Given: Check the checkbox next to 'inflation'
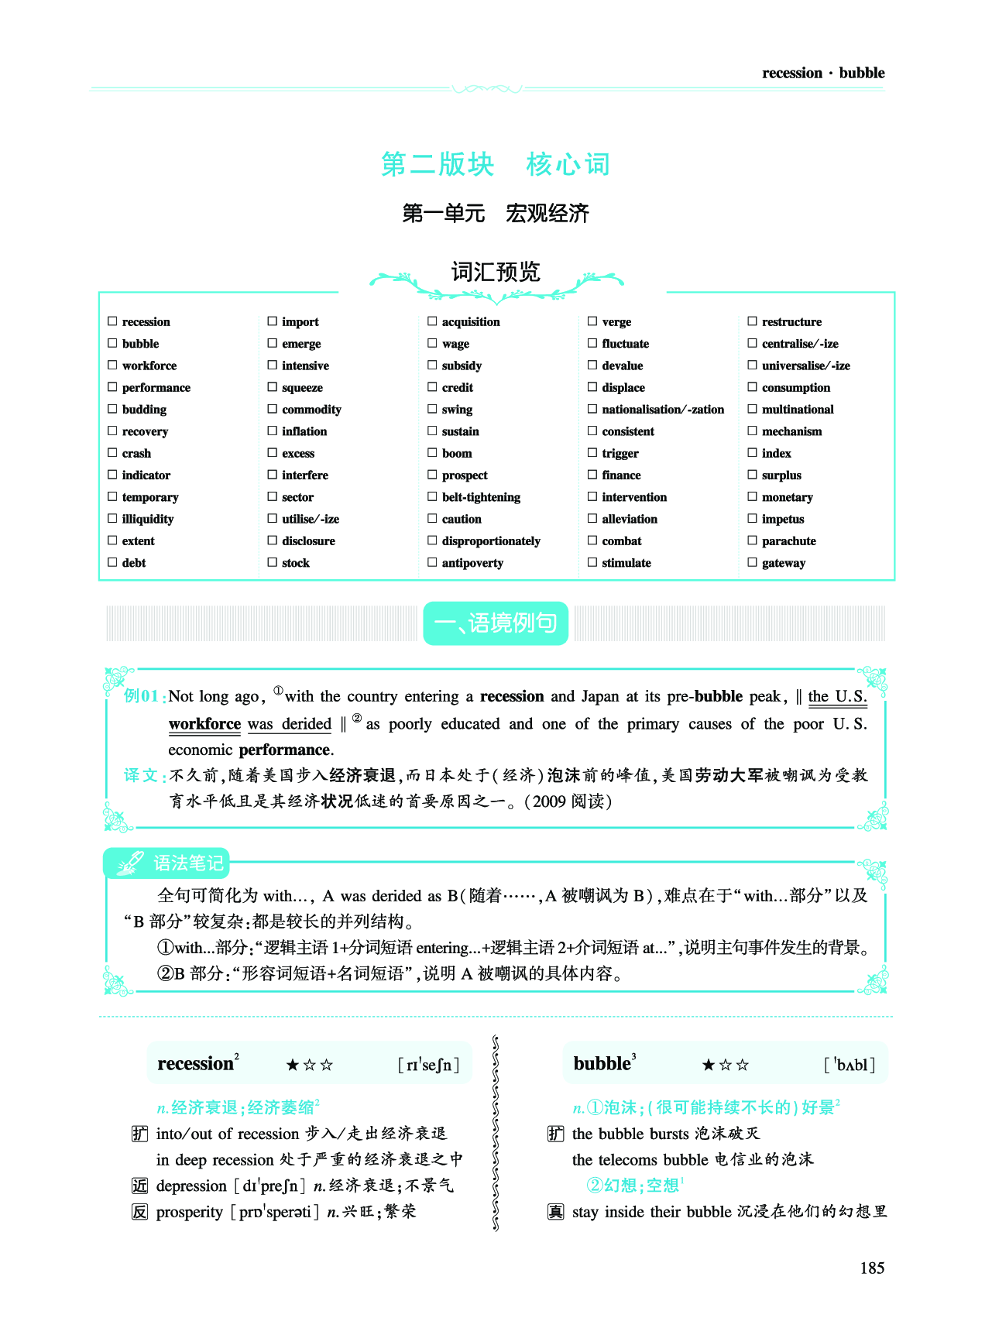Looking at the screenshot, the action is tap(273, 431).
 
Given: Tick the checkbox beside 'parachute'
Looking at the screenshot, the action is tap(752, 541).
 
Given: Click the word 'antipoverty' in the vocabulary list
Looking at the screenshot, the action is tap(472, 563).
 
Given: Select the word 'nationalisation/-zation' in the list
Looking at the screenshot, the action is tap(663, 410).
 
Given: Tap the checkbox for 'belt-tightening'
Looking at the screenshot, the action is tap(433, 496).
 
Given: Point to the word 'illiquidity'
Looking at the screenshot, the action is tap(147, 519).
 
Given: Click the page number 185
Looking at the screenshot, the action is tap(872, 1268).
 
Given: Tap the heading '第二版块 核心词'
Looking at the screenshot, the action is tap(496, 164).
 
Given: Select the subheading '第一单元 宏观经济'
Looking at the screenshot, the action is tap(496, 213).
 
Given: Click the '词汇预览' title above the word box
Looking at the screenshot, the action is tap(496, 272).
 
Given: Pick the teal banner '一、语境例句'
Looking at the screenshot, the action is tap(496, 623).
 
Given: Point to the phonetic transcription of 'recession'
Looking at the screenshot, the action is tap(428, 1065).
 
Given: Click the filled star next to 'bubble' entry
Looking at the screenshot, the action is tap(708, 1065).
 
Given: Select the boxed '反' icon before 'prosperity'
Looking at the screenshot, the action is tap(139, 1212).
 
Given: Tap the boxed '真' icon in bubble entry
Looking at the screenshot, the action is tap(556, 1212).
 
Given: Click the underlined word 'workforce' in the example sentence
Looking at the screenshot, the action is tap(204, 724).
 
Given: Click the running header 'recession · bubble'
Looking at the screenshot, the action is tap(822, 73).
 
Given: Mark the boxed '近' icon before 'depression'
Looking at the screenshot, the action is tap(139, 1186).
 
